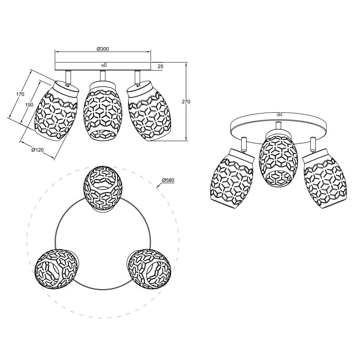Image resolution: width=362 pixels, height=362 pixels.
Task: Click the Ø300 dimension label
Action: coord(103,49)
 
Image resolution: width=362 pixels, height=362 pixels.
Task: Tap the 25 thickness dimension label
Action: coord(161,67)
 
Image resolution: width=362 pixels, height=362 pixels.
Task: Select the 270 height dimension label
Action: coord(186,101)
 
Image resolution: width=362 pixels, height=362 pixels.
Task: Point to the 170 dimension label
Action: coord(20,94)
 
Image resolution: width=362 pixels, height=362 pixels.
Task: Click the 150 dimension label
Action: coord(29,105)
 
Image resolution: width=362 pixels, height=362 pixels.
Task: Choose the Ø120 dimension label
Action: coord(38,150)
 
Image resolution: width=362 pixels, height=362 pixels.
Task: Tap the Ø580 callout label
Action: coord(168,180)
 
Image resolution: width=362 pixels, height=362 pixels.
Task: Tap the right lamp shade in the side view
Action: coord(147,111)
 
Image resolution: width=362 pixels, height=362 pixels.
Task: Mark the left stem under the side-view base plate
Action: coord(68,77)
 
